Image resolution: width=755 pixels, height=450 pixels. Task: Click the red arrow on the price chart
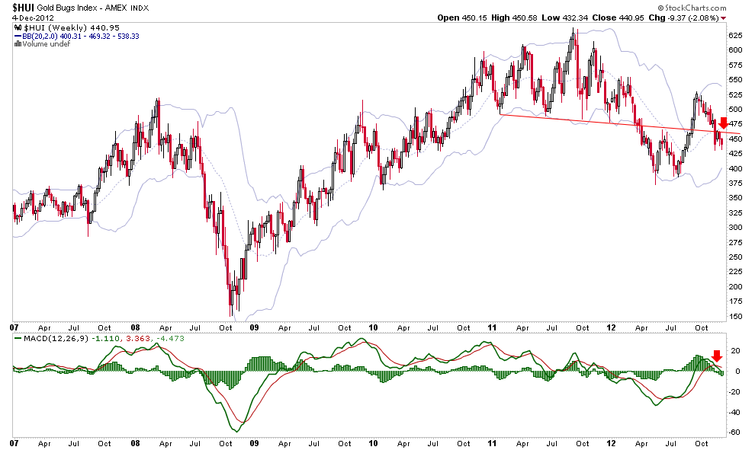coord(724,123)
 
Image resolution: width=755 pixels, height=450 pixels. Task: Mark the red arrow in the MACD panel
coord(716,356)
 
